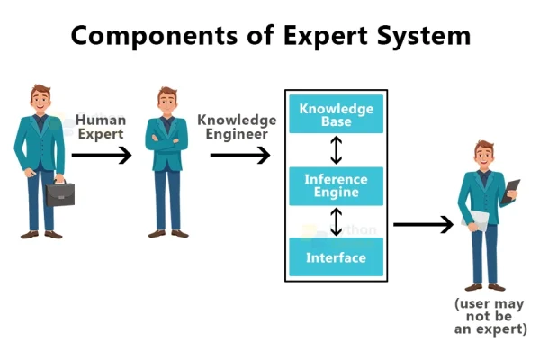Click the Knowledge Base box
336,114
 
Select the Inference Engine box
336,185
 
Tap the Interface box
336,257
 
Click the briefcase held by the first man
60,192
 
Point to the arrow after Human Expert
101,156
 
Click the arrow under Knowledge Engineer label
240,156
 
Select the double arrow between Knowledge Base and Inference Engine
337,149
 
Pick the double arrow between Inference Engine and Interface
337,220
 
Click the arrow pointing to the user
423,224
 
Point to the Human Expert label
100,126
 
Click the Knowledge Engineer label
237,126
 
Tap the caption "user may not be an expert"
490,316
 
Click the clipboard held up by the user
511,191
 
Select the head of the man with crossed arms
167,100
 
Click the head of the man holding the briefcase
40,97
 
